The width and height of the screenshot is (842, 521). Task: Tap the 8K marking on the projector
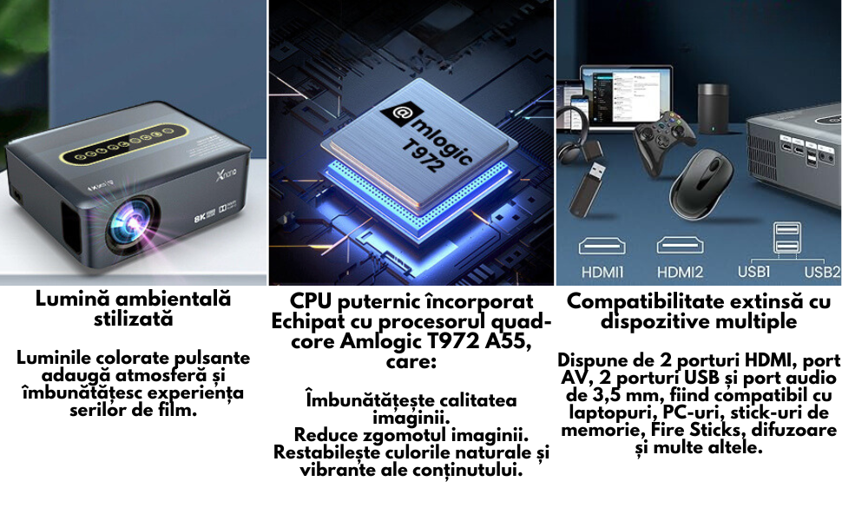200,217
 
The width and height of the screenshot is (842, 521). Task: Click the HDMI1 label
602,273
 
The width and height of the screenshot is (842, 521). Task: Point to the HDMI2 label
680,273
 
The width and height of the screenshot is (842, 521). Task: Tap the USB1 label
754,271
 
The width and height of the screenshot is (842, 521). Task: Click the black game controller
664,141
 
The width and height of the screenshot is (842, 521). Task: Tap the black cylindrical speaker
713,108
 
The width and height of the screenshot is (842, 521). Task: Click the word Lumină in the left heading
72,299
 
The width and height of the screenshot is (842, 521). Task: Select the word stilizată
134,319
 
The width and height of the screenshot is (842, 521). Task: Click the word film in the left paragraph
180,411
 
